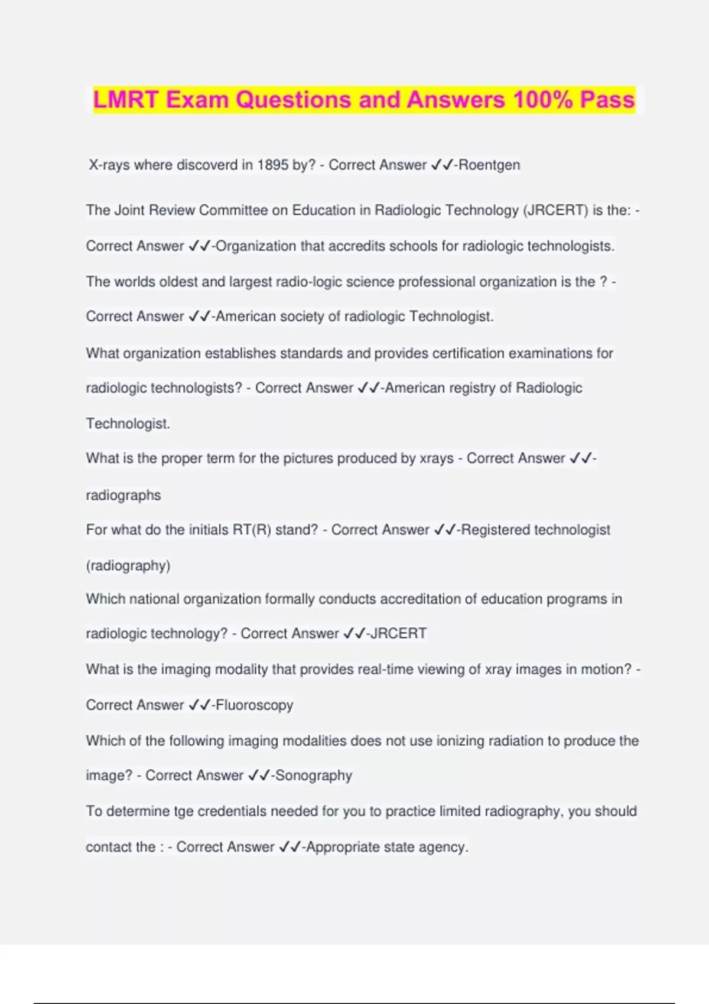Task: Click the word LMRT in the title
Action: click(x=126, y=99)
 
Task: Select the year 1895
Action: click(x=272, y=165)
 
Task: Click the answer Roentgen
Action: click(x=489, y=165)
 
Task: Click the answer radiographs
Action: click(x=123, y=495)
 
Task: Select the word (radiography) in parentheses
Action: click(x=128, y=565)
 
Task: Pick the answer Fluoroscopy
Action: click(x=255, y=705)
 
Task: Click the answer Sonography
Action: click(x=314, y=775)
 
